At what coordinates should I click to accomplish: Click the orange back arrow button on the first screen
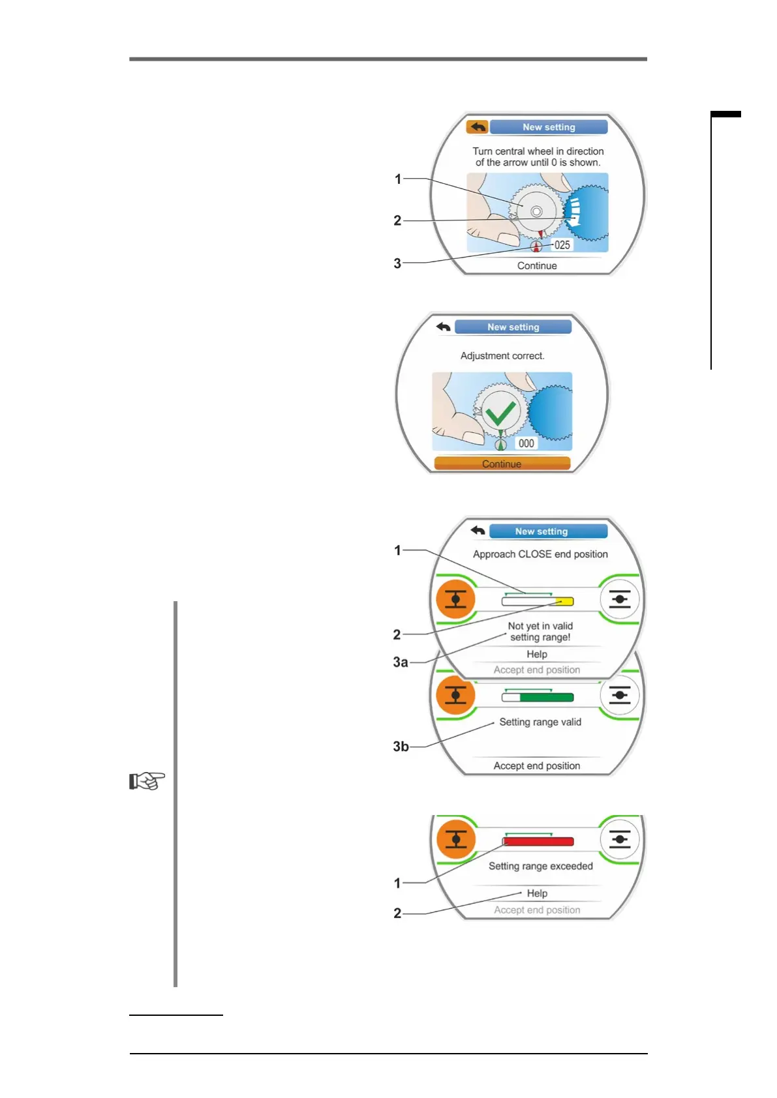477,126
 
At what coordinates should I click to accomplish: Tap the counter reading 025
562,245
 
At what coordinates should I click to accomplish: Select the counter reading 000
526,443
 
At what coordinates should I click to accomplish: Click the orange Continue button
502,464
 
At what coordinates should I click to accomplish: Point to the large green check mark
501,413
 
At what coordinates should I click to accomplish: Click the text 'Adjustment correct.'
502,356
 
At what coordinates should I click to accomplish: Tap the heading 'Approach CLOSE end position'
540,554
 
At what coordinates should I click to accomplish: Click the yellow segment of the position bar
565,601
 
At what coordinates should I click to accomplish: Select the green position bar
546,698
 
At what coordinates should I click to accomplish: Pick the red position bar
539,842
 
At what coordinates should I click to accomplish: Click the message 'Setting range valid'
540,722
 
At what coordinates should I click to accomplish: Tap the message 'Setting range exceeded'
541,867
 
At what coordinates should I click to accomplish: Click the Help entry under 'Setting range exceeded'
537,893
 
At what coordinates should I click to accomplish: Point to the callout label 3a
400,662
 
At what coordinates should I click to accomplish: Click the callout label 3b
401,747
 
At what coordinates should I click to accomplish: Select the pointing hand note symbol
147,780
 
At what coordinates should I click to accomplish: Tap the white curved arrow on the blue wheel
574,213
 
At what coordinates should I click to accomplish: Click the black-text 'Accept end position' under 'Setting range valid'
537,766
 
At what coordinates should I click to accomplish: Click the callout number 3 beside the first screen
397,263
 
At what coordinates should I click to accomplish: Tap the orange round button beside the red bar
455,839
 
